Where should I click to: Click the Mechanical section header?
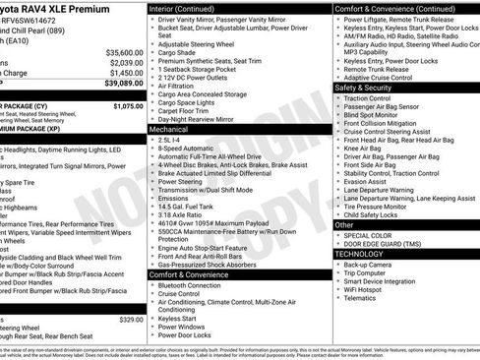[x=168, y=129]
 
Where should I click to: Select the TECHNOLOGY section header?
[x=358, y=254]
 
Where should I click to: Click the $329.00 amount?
[x=131, y=320]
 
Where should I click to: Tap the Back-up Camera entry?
[x=369, y=264]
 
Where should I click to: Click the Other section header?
[x=344, y=225]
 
